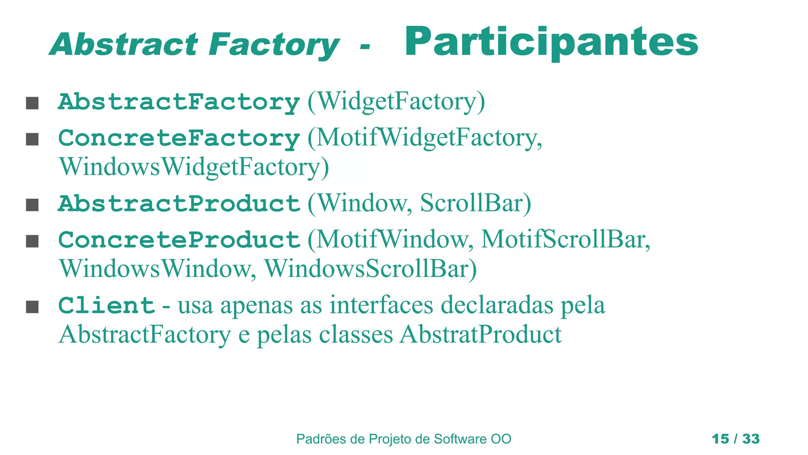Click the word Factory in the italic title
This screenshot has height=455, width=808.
pos(274,44)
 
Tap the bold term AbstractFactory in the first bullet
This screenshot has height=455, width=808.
pos(179,102)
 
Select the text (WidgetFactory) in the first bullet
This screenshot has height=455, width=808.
pos(396,102)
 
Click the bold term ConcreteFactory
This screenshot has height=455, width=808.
pos(179,138)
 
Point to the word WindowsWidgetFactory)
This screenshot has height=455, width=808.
pos(194,167)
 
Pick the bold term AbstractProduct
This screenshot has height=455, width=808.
pos(179,204)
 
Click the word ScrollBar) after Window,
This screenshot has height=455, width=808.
pos(475,203)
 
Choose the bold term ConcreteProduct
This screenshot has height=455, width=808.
pos(179,240)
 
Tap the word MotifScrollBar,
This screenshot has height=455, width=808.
pos(565,239)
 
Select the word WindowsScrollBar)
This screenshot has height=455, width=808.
pos(370,269)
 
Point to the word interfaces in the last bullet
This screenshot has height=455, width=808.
pos(381,305)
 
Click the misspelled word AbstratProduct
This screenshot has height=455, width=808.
pos(480,335)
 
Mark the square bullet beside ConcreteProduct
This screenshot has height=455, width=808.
pos(32,241)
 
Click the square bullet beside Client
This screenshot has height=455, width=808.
pos(32,306)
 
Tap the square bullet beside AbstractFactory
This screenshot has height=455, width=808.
pos(32,103)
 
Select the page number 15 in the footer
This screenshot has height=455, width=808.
pos(720,439)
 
